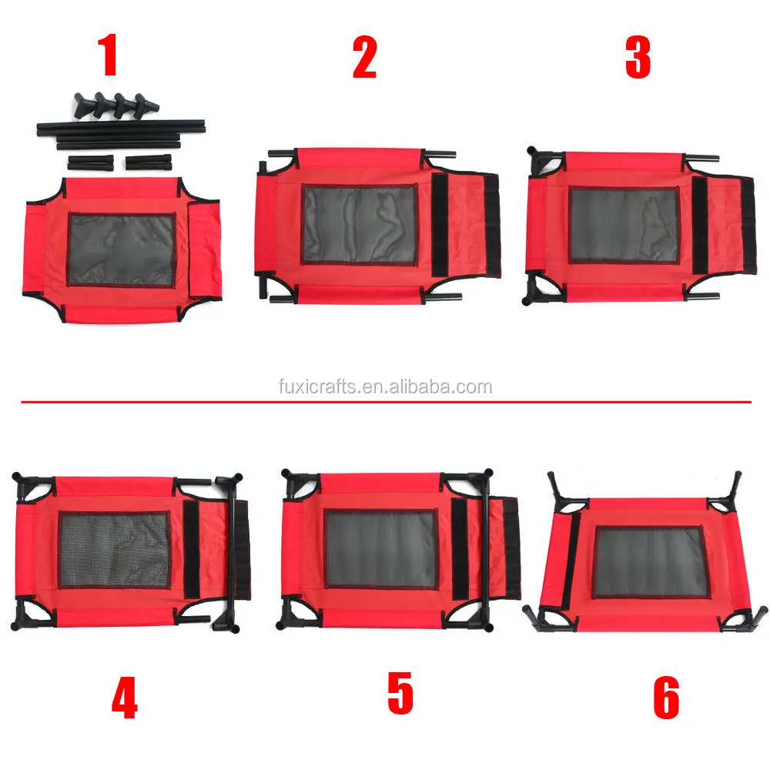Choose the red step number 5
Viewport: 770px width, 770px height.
400,693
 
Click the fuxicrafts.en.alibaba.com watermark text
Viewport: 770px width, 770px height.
385,387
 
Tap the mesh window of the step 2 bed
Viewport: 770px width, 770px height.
360,224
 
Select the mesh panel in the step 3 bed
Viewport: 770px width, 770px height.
624,225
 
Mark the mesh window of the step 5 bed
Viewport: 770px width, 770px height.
380,549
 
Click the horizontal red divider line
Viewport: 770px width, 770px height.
385,402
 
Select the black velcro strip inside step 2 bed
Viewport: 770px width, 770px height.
440,224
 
